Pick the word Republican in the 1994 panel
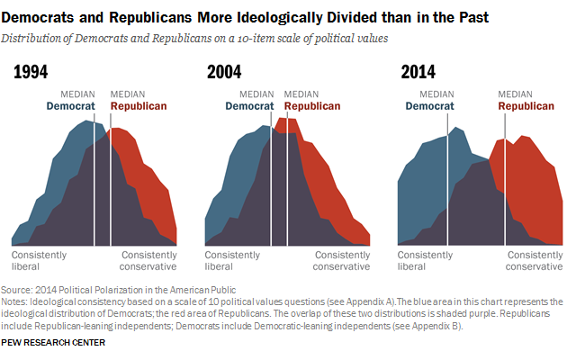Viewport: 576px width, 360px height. tap(138, 106)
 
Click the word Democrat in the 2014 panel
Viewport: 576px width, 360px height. tap(431, 106)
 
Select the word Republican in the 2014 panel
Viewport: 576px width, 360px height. tap(526, 106)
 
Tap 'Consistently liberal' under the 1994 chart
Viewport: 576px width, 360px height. tap(41, 260)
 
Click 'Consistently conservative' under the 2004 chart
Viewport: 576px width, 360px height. tap(341, 260)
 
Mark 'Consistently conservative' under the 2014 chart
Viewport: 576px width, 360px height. tap(534, 260)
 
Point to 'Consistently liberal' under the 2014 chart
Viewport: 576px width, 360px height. tap(427, 260)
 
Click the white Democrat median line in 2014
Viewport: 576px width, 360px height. tap(447, 180)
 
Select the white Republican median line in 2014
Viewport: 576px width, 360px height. tap(505, 180)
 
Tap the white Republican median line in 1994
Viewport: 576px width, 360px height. tap(111, 180)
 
